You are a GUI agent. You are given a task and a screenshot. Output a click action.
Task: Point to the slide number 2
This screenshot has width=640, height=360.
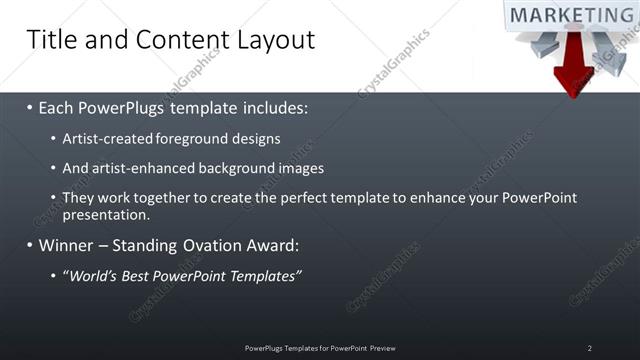tap(590, 348)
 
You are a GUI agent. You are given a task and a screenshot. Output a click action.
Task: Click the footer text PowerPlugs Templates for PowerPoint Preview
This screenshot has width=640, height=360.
tap(320, 348)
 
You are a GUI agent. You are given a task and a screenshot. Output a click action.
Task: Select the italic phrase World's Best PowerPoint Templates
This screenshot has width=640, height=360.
tap(182, 275)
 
